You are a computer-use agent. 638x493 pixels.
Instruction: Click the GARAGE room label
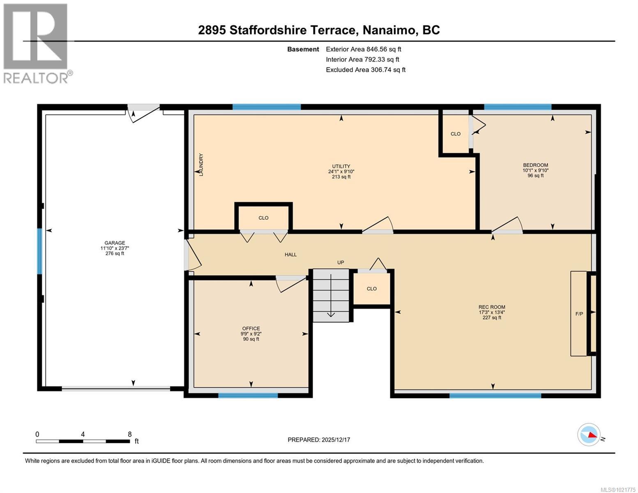[115, 243]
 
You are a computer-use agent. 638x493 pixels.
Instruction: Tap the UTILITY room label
[341, 166]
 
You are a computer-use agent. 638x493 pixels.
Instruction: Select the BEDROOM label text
[535, 165]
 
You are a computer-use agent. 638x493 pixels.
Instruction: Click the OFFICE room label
[251, 328]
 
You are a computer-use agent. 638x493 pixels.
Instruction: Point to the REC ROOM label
[492, 307]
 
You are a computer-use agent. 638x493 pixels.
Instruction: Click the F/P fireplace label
[579, 314]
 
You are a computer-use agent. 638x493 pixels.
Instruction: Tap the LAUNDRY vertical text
[201, 165]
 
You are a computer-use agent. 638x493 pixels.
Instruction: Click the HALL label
[290, 255]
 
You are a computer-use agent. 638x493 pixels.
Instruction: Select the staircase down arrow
[331, 314]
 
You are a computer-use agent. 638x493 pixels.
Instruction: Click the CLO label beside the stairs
[371, 289]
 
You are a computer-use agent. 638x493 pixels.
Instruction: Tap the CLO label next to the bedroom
[455, 134]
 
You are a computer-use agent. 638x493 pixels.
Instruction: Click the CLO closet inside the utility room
[263, 218]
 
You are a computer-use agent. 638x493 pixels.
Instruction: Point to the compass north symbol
[589, 435]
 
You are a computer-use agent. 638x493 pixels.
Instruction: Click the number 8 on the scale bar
[130, 434]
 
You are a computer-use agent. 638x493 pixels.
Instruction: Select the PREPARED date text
[319, 440]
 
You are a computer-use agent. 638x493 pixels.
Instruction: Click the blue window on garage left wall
[40, 251]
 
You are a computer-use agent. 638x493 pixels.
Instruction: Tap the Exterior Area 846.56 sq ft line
[363, 49]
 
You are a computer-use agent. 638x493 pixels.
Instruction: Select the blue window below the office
[248, 396]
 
